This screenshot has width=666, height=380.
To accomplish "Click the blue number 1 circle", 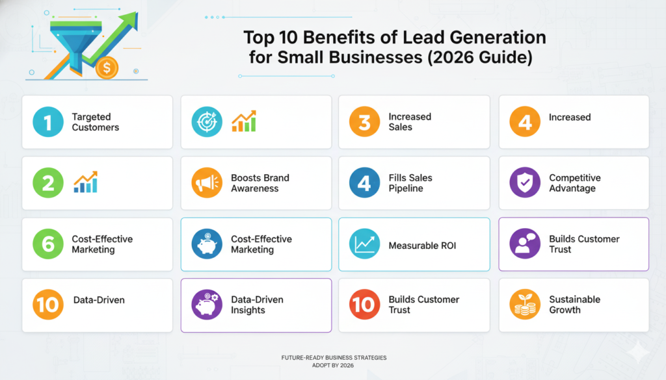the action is coord(48,121).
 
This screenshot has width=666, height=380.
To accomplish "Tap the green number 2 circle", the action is coord(48,183).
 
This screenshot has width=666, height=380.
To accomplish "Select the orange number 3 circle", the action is coord(364,121).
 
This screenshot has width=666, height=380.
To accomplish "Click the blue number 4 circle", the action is coord(364,183).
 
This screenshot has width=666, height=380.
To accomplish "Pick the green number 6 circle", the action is coord(48,244).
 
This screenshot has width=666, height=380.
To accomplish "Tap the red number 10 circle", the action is coord(364,305).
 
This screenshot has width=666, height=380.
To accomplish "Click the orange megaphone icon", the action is coord(207,183).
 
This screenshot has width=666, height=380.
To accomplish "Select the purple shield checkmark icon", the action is coord(525,183).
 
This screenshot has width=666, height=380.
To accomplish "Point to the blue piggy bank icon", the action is coord(207,244).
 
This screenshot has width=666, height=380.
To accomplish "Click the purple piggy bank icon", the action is coord(207,305).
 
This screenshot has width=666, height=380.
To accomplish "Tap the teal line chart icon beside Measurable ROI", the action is coord(364,244).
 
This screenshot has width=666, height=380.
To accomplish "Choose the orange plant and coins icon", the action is coord(525,305).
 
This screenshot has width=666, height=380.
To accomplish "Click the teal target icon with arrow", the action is coord(207,121).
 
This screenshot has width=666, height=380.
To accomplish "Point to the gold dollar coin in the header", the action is coord(107,68).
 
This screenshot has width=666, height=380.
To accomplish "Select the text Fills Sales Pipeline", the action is coord(410,183).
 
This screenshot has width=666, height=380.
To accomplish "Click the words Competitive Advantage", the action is coord(575,183).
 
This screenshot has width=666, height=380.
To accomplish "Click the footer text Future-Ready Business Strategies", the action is coord(334,357).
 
